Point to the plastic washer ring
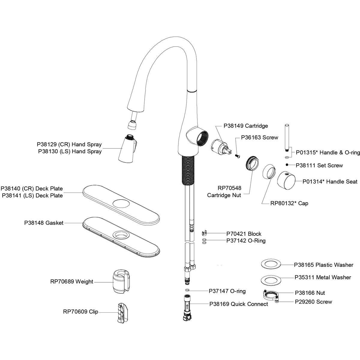271,265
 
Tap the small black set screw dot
287,165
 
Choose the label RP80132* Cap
289,203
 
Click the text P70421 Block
244,234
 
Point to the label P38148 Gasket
44,223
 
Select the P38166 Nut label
310,293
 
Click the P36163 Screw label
259,137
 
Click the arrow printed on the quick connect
187,306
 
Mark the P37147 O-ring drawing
187,291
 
